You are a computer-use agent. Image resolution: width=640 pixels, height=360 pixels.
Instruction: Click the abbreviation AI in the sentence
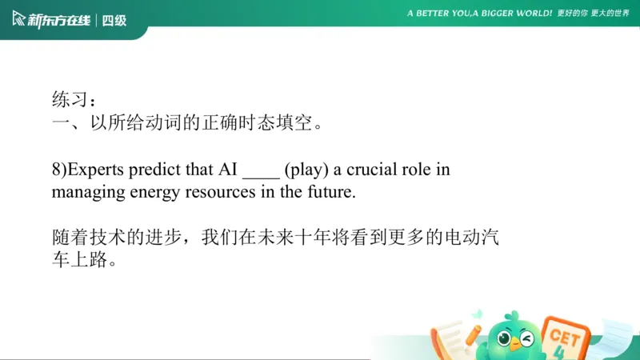[x=228, y=170]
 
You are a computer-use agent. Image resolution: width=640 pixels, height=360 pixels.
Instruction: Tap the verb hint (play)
[x=304, y=170]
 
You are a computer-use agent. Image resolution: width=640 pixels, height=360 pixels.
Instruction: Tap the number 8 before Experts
[x=56, y=170]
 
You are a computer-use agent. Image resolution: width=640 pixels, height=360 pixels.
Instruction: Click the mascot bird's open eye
[x=505, y=338]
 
